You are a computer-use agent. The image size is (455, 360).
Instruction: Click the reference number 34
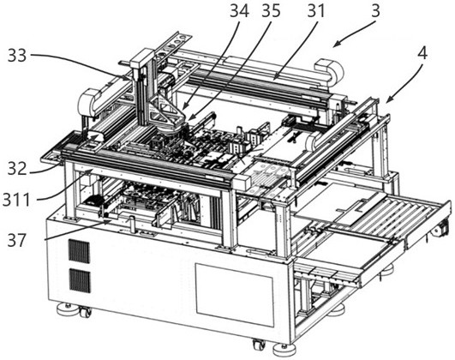(240, 12)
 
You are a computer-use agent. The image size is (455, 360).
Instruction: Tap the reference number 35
(272, 12)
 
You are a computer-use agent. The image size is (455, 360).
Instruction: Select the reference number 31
(316, 12)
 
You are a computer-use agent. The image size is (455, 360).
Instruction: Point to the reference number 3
(375, 11)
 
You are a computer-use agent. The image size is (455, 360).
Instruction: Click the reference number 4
(422, 54)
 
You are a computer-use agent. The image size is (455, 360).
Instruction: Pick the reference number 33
(17, 55)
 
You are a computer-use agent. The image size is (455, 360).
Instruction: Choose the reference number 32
(17, 169)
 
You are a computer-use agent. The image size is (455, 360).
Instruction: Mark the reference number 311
(16, 200)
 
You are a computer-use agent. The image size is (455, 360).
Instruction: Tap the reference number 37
(17, 241)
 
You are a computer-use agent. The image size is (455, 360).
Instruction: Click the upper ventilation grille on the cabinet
(79, 251)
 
